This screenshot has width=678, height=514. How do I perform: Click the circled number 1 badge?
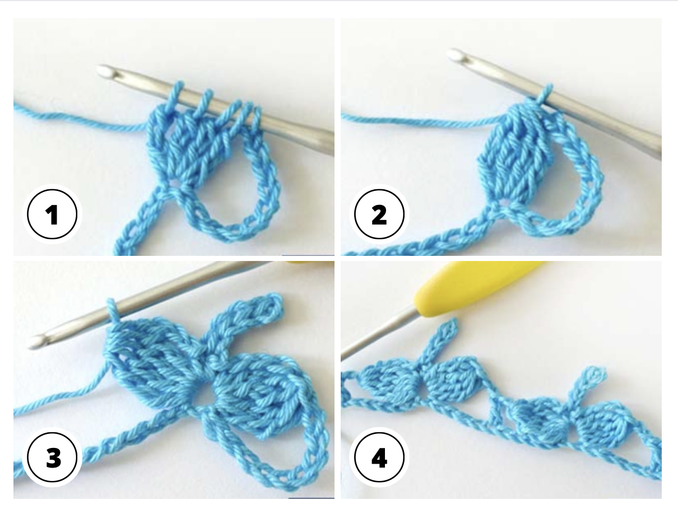pos(52,214)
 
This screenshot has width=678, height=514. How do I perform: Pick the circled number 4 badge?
pos(379,458)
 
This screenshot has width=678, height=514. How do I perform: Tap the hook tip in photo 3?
pos(35,341)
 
